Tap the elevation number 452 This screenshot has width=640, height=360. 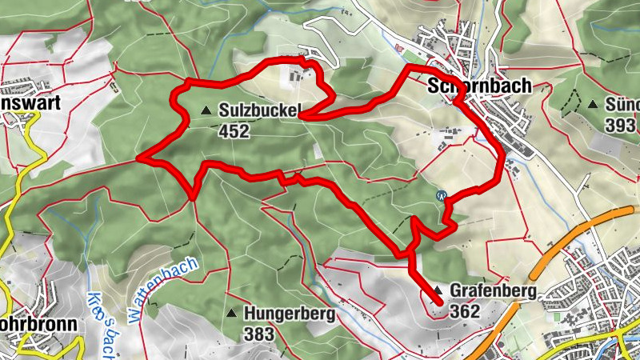(233, 130)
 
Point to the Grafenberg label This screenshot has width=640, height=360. (492, 292)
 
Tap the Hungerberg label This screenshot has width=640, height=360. (290, 314)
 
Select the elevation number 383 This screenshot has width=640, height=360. (262, 332)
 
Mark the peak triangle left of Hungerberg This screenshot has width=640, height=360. (232, 313)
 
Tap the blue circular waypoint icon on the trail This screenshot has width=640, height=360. (441, 194)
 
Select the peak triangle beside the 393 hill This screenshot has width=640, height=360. (593, 104)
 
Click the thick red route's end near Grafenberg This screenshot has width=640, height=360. (439, 302)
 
